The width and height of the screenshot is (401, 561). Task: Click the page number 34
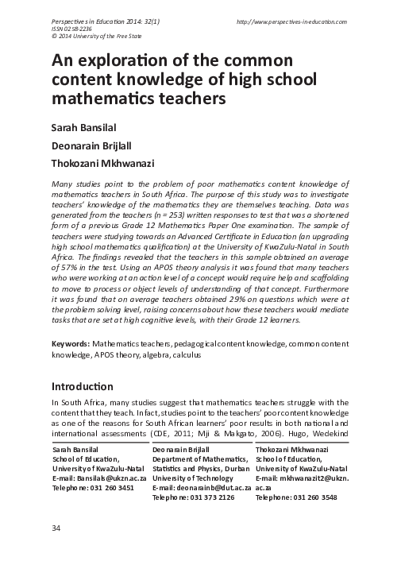(56, 528)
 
